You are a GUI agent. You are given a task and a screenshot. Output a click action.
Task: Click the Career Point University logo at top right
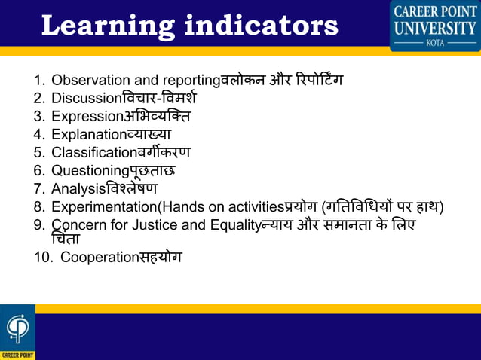pyautogui.click(x=435, y=25)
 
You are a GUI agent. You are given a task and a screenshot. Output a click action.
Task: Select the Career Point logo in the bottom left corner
pyautogui.click(x=17, y=332)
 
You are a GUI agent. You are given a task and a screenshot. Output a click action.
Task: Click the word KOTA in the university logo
pyautogui.click(x=435, y=43)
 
